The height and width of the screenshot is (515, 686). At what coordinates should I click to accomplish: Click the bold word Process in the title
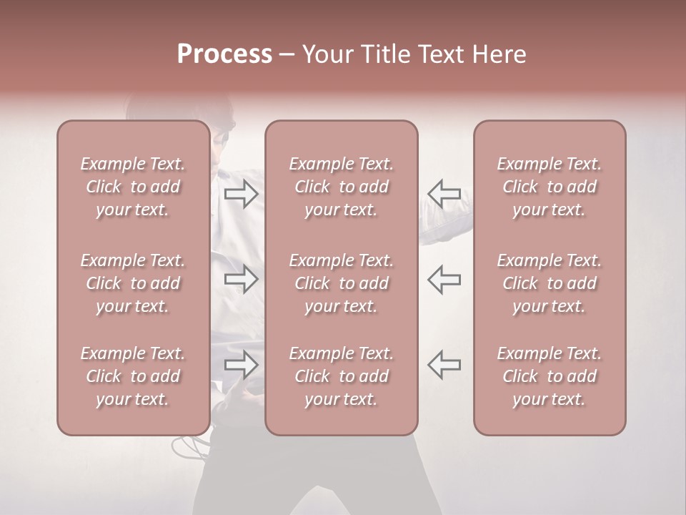pos(224,54)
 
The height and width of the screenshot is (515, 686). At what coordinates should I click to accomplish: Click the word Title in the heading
pos(384,54)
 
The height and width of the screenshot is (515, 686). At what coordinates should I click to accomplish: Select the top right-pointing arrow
pos(242,194)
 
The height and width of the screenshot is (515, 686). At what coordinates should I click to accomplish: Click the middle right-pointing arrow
pos(242,279)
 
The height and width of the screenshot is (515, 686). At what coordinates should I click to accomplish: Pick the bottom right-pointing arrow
pos(242,366)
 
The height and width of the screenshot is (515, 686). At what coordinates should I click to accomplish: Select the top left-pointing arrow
pos(444,194)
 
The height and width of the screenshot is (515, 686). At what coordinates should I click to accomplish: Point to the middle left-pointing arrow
pos(444,279)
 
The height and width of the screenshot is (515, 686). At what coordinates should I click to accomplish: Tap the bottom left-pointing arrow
pos(444,365)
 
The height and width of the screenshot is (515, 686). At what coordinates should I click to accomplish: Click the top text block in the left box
pos(133,187)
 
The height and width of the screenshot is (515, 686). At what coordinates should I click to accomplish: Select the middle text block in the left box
pos(133,283)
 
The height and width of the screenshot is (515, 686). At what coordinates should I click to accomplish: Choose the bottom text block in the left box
pos(133,376)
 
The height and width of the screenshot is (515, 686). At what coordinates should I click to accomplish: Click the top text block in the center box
pos(342,187)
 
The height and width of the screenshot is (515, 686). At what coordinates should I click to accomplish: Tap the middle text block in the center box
pos(342,283)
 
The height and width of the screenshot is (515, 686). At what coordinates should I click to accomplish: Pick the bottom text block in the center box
pos(342,376)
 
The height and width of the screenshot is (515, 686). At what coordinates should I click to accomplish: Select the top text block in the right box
pos(550,187)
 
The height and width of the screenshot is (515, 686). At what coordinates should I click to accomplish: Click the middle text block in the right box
pos(550,283)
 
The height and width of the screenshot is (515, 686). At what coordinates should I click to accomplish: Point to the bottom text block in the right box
pos(550,376)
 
